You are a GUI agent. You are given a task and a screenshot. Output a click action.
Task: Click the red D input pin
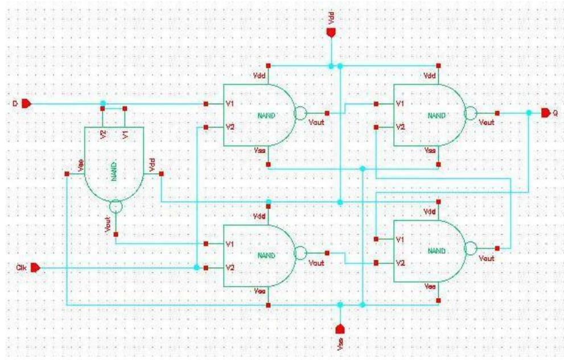click(x=28, y=104)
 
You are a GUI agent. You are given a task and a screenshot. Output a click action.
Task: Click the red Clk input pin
click(x=34, y=267)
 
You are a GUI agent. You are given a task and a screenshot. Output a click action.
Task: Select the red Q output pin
click(x=545, y=113)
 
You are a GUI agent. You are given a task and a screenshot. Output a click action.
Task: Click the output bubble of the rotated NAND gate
click(x=115, y=207)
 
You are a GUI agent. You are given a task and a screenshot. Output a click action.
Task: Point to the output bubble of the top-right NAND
click(x=470, y=113)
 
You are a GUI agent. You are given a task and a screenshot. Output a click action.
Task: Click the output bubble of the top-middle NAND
click(x=299, y=113)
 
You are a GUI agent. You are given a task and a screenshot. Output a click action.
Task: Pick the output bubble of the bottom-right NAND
click(x=470, y=248)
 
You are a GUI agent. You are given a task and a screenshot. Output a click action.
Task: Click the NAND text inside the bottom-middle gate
click(x=266, y=255)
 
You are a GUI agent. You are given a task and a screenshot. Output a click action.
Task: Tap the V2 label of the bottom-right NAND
click(x=401, y=263)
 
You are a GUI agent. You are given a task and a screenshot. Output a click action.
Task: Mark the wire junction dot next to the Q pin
click(x=529, y=113)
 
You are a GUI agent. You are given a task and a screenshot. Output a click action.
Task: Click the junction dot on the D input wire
click(x=102, y=104)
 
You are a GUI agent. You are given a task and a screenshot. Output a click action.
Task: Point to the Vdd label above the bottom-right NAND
click(x=429, y=212)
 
